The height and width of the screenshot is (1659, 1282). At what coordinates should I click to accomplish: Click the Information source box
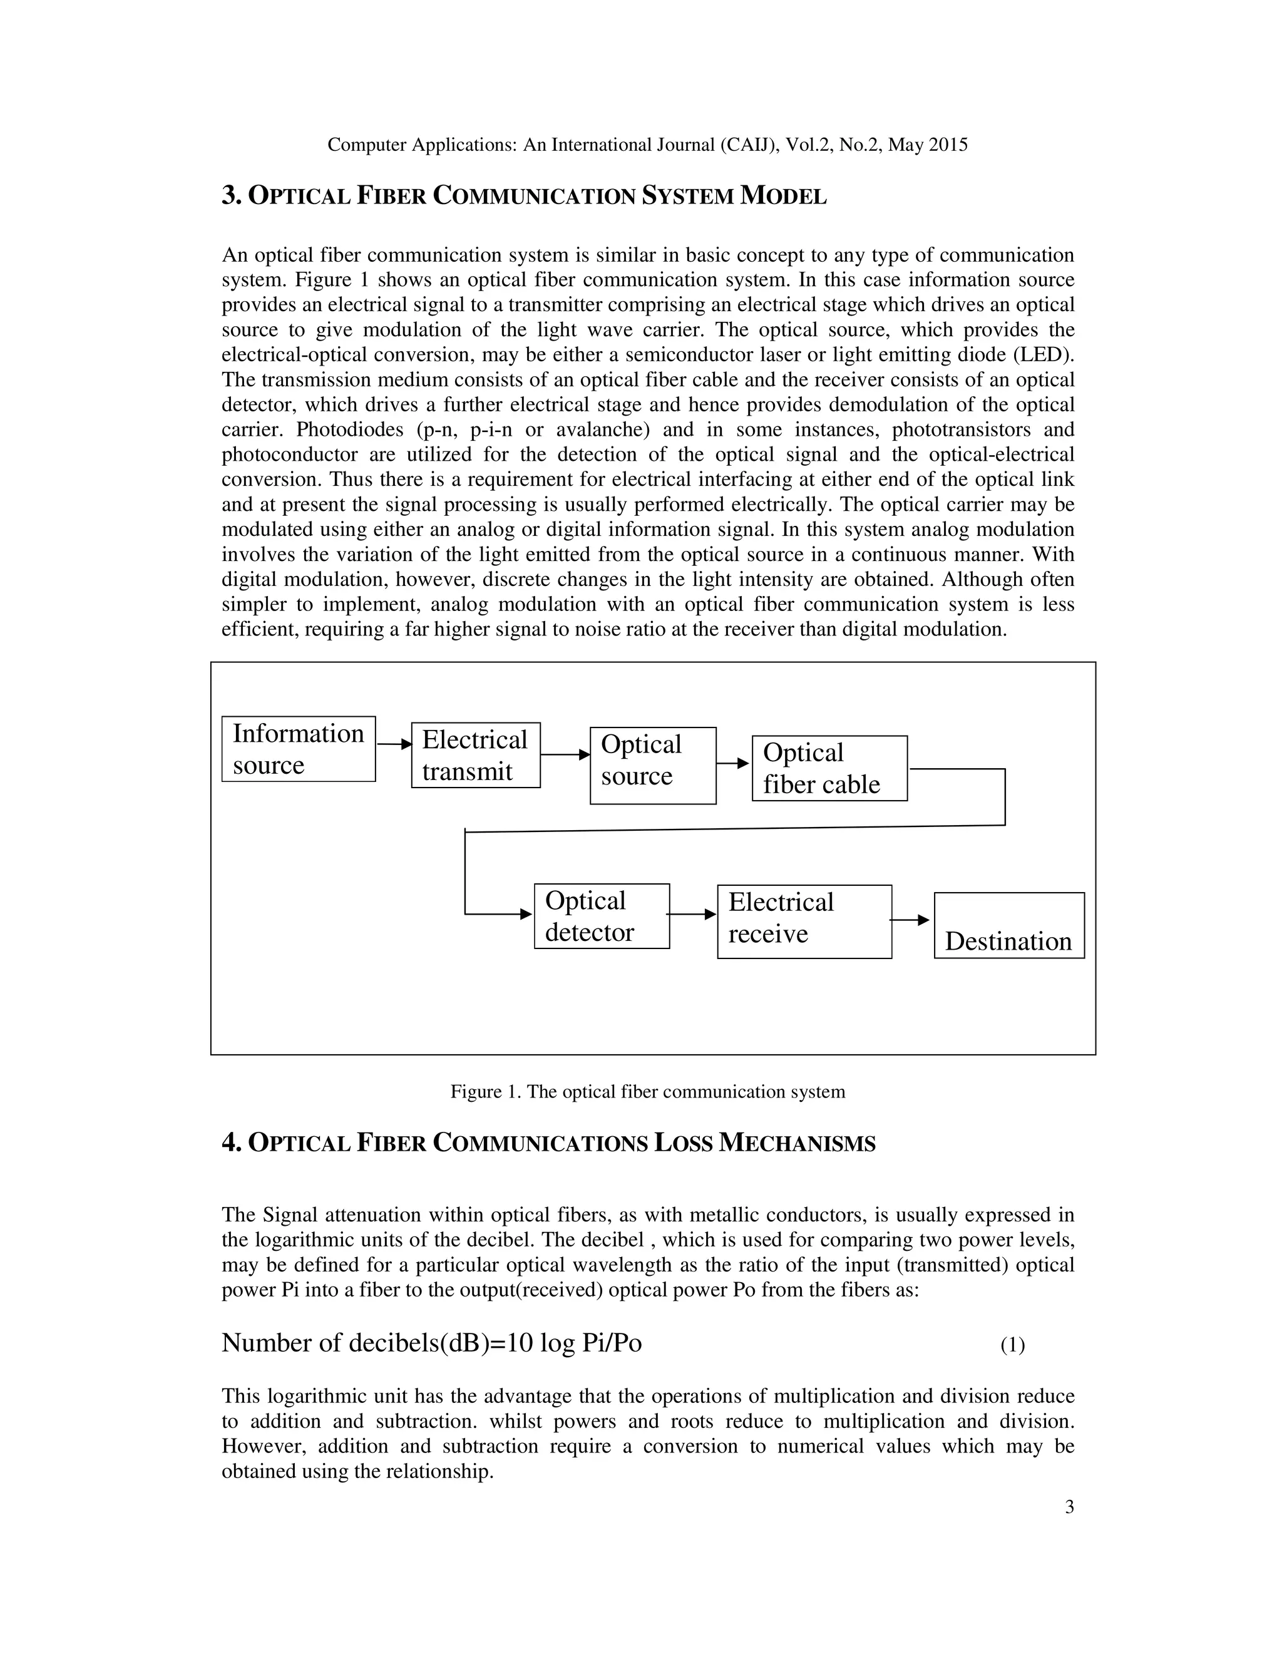point(298,749)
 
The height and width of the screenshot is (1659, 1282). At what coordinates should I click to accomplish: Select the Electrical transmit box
point(476,755)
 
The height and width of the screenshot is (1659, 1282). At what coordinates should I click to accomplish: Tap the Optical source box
point(652,766)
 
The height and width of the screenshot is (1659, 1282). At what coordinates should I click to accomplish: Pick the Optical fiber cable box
point(829,768)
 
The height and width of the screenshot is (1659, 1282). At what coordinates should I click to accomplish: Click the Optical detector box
point(602,916)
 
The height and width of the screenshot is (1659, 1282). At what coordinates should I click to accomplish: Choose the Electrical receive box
point(804,922)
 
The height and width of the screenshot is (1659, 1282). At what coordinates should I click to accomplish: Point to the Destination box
point(1008,925)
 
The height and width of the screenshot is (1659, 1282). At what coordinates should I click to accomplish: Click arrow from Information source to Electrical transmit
point(393,744)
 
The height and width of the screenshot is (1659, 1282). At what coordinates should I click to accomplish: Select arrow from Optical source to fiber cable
point(733,763)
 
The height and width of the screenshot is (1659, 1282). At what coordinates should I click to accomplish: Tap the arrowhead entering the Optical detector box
point(526,914)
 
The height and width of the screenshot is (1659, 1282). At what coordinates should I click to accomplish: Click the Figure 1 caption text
point(647,1092)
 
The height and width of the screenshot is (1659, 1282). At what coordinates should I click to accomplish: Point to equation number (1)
point(1012,1345)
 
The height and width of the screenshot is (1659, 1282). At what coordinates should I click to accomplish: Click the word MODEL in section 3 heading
point(783,197)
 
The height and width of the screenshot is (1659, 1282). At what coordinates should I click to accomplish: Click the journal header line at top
point(647,145)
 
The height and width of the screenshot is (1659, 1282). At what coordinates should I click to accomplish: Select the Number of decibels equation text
point(431,1343)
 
